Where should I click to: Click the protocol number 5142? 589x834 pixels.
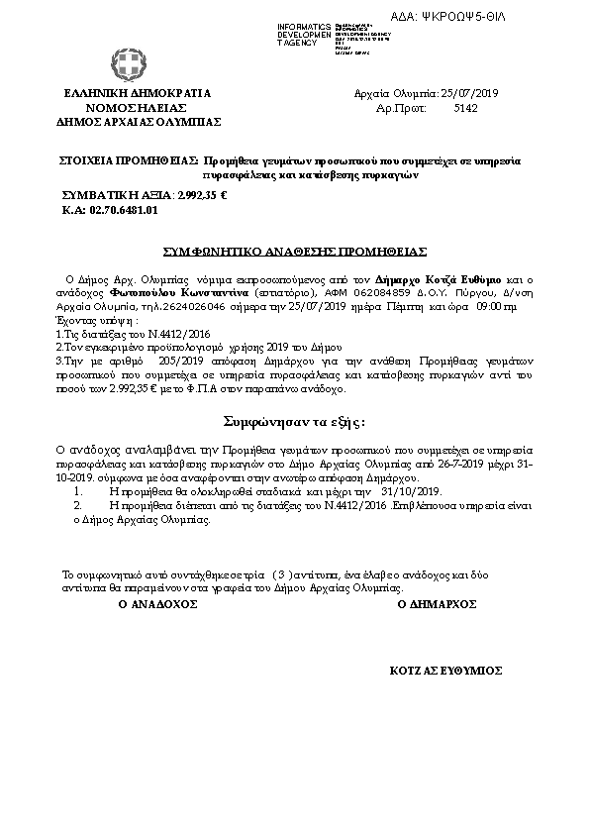[x=464, y=108]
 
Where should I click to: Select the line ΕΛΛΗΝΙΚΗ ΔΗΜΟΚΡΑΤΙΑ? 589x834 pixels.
[x=137, y=93]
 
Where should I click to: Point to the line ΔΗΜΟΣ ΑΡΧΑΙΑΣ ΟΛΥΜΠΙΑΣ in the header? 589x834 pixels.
[x=139, y=122]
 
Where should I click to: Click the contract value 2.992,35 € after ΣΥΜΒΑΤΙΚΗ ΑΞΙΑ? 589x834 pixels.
[x=202, y=195]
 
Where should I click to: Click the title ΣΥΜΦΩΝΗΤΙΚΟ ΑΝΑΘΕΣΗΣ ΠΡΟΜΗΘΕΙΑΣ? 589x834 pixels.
[x=294, y=252]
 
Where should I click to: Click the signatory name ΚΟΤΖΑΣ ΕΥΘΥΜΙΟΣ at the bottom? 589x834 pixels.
[x=446, y=671]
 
